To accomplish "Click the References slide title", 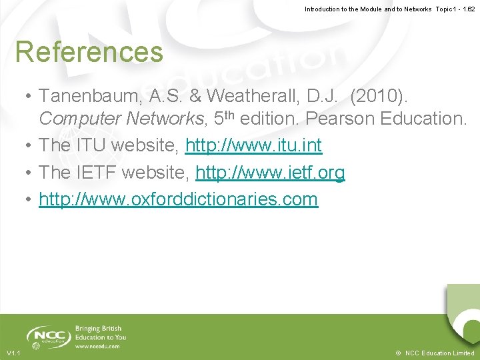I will [89, 52].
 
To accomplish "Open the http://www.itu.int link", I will [253, 145].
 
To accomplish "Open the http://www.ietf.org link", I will [270, 173].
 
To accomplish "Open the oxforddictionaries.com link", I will [178, 199].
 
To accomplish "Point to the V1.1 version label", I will [14, 353].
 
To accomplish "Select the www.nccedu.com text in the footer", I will [97, 346].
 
